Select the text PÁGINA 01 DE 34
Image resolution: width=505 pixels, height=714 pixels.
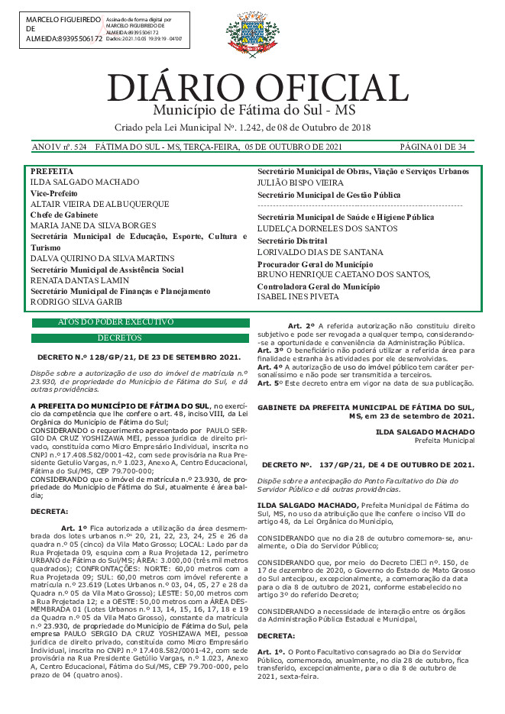point(433,146)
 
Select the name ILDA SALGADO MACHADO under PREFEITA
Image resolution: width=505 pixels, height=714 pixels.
point(85,183)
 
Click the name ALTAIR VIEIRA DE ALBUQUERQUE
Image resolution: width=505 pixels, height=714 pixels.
point(99,205)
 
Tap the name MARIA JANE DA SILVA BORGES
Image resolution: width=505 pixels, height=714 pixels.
point(93,226)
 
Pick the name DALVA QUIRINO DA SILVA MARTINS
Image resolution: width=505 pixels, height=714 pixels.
point(102,258)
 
